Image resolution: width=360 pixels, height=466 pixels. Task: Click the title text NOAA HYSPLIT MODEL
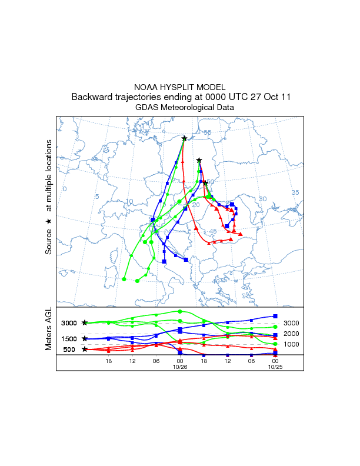180,86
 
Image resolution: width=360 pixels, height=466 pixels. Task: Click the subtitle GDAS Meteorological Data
180,107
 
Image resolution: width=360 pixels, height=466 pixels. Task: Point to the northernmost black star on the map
184,139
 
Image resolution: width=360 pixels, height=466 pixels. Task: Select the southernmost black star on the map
205,182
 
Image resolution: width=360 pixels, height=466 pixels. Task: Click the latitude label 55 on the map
207,132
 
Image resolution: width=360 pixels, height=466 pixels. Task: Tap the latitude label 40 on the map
216,281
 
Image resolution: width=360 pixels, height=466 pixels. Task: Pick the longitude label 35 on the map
295,192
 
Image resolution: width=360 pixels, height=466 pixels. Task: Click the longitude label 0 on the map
65,189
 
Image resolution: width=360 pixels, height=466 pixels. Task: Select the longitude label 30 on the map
263,199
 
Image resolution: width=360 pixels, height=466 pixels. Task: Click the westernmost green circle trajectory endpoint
124,279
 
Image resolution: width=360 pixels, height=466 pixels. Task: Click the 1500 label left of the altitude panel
69,339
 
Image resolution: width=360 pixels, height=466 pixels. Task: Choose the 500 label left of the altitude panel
69,349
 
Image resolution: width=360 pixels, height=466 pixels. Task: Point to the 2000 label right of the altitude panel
292,334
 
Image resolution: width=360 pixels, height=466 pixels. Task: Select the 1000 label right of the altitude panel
292,344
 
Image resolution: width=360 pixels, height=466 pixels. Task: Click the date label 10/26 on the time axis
179,367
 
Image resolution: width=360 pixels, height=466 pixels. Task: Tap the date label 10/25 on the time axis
275,367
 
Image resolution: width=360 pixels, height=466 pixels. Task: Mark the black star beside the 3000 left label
85,323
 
